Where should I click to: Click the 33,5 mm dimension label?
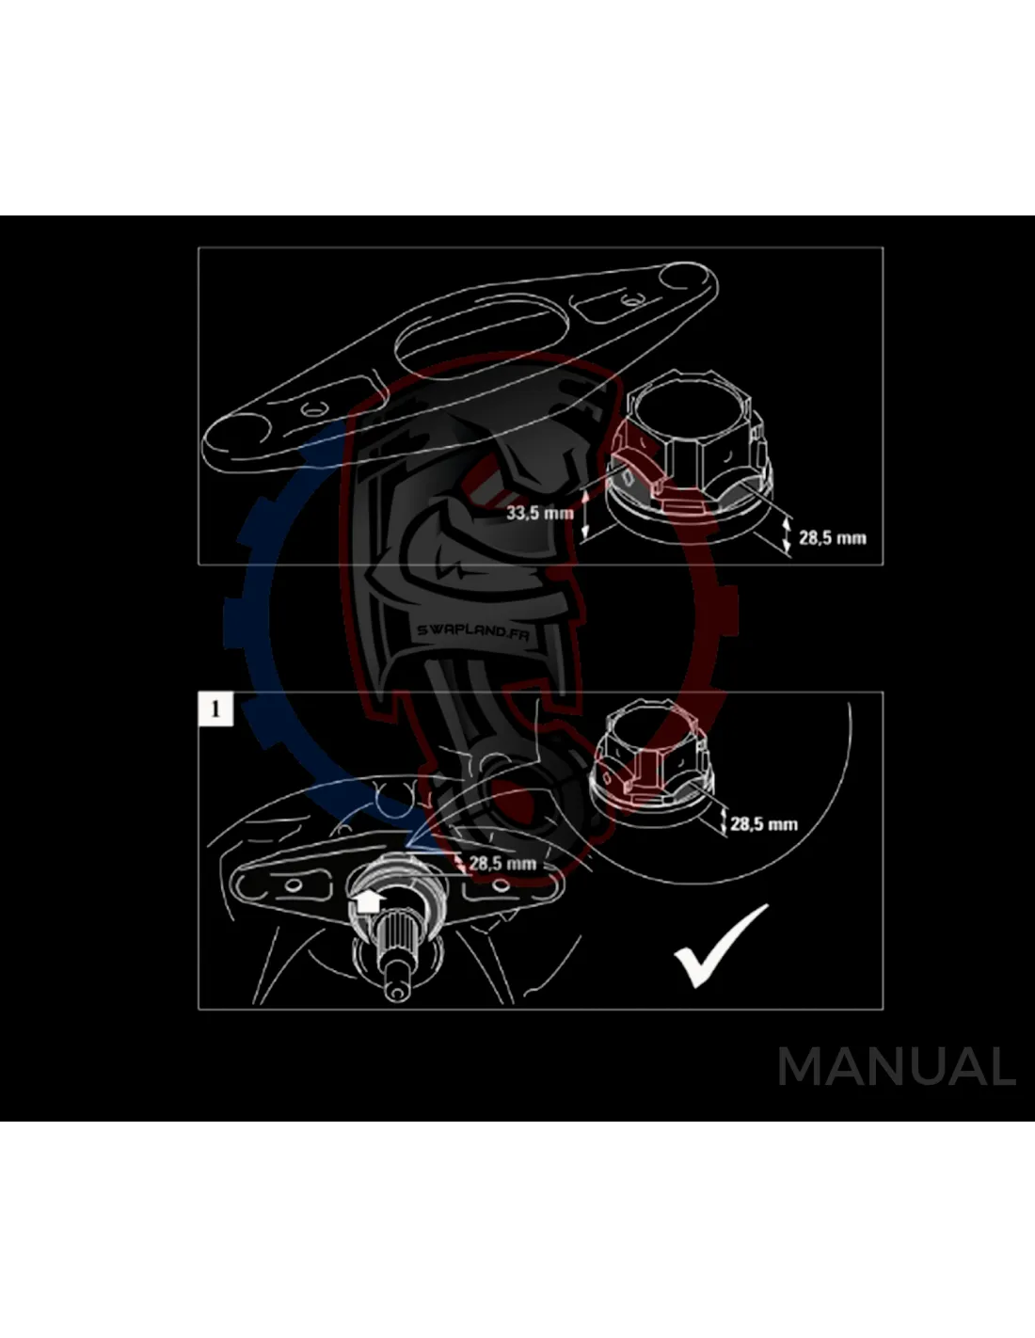539,513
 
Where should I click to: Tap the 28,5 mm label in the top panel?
833,538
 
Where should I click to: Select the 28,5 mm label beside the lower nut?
763,824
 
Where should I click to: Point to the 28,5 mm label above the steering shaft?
502,863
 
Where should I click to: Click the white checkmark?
721,945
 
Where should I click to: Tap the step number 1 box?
215,709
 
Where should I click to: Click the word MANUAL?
897,1068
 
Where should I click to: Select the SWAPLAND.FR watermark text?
473,631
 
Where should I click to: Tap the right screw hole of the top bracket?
629,302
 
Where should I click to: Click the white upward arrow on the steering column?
367,901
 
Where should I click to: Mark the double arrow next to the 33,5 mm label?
585,513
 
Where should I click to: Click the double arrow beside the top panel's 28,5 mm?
787,534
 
